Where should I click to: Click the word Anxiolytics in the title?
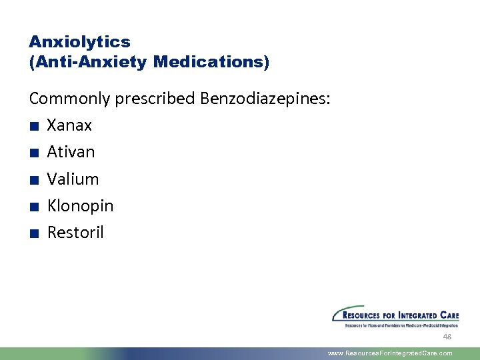point(79,41)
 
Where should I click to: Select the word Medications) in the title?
point(211,62)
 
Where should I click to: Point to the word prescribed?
point(154,99)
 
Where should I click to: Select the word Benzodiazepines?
point(264,99)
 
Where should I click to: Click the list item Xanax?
point(69,125)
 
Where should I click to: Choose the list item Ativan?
point(71,152)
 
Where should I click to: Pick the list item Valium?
point(73,179)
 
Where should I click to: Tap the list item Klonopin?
point(80,206)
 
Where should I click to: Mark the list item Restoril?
point(75,233)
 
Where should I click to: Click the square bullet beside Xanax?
point(33,126)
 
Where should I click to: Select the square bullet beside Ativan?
point(33,153)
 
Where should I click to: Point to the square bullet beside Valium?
point(33,180)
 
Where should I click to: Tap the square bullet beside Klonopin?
point(33,207)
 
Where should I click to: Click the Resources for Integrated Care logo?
point(395,316)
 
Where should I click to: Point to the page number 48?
point(447,337)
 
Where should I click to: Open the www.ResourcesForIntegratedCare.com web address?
point(390,353)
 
